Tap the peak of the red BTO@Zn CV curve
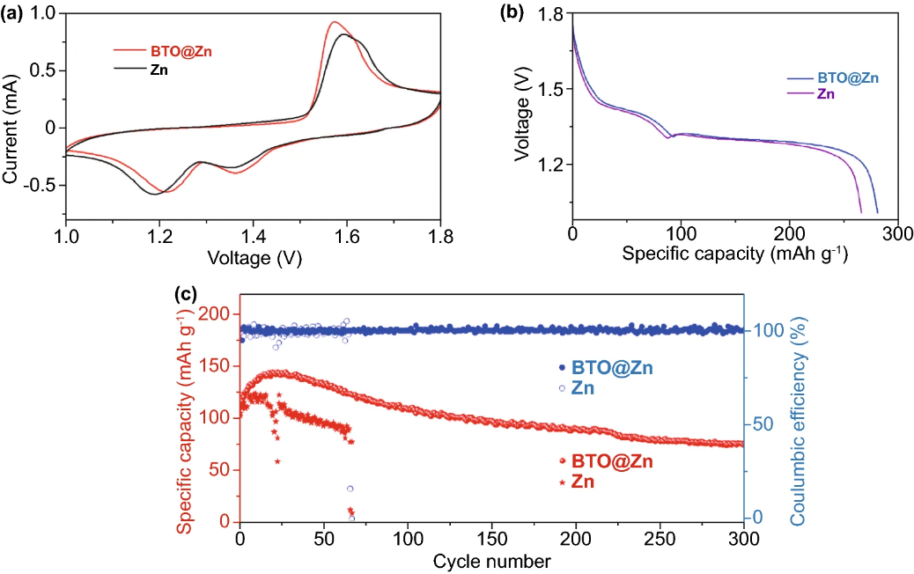click(334, 23)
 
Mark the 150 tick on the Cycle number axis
click(492, 539)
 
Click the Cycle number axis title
click(491, 561)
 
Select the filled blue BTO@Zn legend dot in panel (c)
click(562, 367)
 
